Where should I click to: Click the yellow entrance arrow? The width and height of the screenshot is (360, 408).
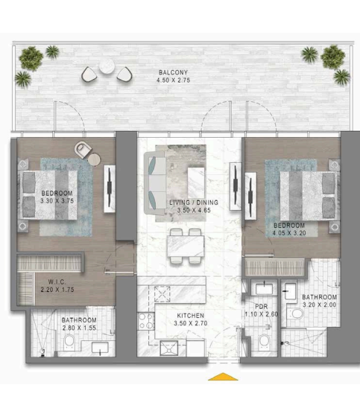pos(223,377)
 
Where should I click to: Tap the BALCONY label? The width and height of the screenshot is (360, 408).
pos(173,72)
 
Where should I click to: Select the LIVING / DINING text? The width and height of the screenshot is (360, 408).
pos(194,203)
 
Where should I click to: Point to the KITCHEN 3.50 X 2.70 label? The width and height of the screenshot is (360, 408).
pos(191,319)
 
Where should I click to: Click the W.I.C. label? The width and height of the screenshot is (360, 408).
pos(57,281)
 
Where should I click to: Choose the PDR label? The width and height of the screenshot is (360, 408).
pos(262,306)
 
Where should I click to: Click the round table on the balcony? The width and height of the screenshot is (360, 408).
pos(107,66)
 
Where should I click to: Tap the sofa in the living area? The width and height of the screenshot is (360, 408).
pos(155,183)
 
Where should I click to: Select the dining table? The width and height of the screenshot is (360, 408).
pos(186,246)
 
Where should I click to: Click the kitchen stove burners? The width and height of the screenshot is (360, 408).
pos(146,321)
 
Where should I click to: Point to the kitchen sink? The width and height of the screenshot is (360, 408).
pos(168,348)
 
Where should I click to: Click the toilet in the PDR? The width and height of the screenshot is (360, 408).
pos(264,341)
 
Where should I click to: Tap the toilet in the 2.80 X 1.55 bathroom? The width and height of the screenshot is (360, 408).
pos(69,342)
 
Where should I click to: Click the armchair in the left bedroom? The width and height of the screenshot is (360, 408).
pos(83,150)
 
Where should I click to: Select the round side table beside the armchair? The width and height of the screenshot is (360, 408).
pos(94,159)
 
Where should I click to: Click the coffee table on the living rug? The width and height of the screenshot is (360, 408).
pos(196,182)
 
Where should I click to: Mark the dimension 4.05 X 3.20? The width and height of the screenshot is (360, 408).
pos(289,233)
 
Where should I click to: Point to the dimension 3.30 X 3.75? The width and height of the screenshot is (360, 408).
pos(57,201)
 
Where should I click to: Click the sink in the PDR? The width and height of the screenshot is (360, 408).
pos(264,289)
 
